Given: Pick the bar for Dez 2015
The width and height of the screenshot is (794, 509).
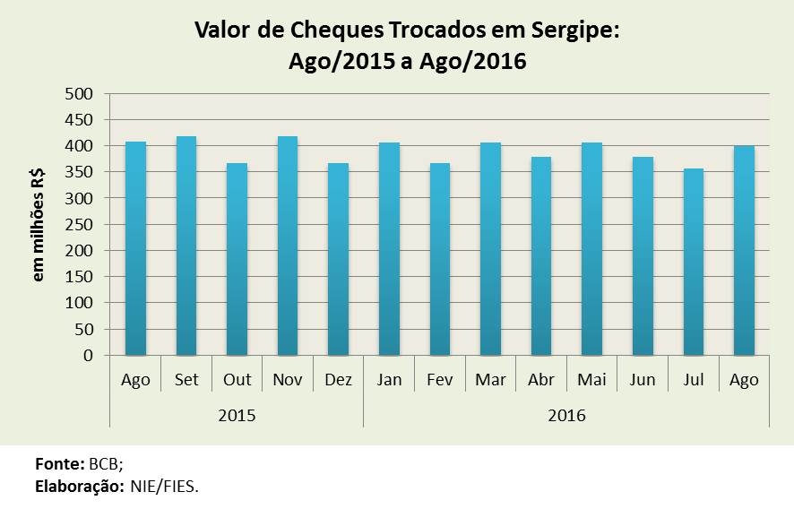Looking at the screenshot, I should [338, 259].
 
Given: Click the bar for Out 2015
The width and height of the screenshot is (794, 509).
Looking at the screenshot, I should [237, 259].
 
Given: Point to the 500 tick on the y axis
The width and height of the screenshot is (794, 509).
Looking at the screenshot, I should [82, 93].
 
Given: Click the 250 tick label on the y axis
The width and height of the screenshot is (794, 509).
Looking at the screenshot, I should [82, 224].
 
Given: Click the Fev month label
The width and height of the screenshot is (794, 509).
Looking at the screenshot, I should [439, 380].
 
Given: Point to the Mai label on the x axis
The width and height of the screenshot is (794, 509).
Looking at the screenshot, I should [591, 380].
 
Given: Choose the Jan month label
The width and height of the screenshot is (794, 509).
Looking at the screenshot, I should [389, 380].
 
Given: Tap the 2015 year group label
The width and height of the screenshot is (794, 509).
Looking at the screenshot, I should [237, 416].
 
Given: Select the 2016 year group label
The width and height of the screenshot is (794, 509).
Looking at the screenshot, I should [565, 416].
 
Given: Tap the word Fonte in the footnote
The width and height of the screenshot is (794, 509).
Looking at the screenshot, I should [59, 465].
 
